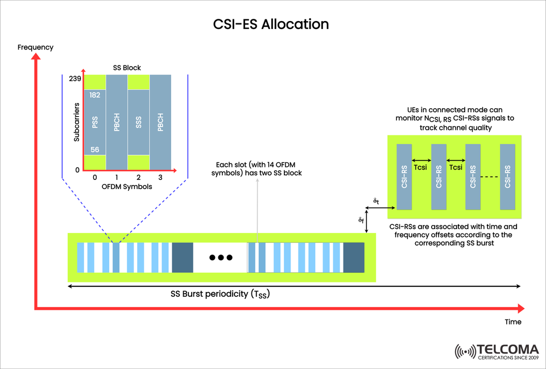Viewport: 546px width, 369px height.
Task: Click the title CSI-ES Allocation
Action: (271, 24)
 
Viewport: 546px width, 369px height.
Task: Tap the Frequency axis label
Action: (35, 47)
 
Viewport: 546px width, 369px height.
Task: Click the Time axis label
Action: (513, 322)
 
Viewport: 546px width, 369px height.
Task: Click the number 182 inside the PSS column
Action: (95, 95)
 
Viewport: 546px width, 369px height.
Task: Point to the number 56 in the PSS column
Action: (95, 149)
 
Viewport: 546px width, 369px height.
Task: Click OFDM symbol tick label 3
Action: (160, 178)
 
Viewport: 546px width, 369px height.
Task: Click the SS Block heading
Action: (127, 68)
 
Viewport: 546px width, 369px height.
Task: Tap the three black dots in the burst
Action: (220, 257)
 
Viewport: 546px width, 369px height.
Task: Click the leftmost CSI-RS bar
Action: (404, 175)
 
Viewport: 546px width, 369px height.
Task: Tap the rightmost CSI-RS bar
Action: (507, 175)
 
